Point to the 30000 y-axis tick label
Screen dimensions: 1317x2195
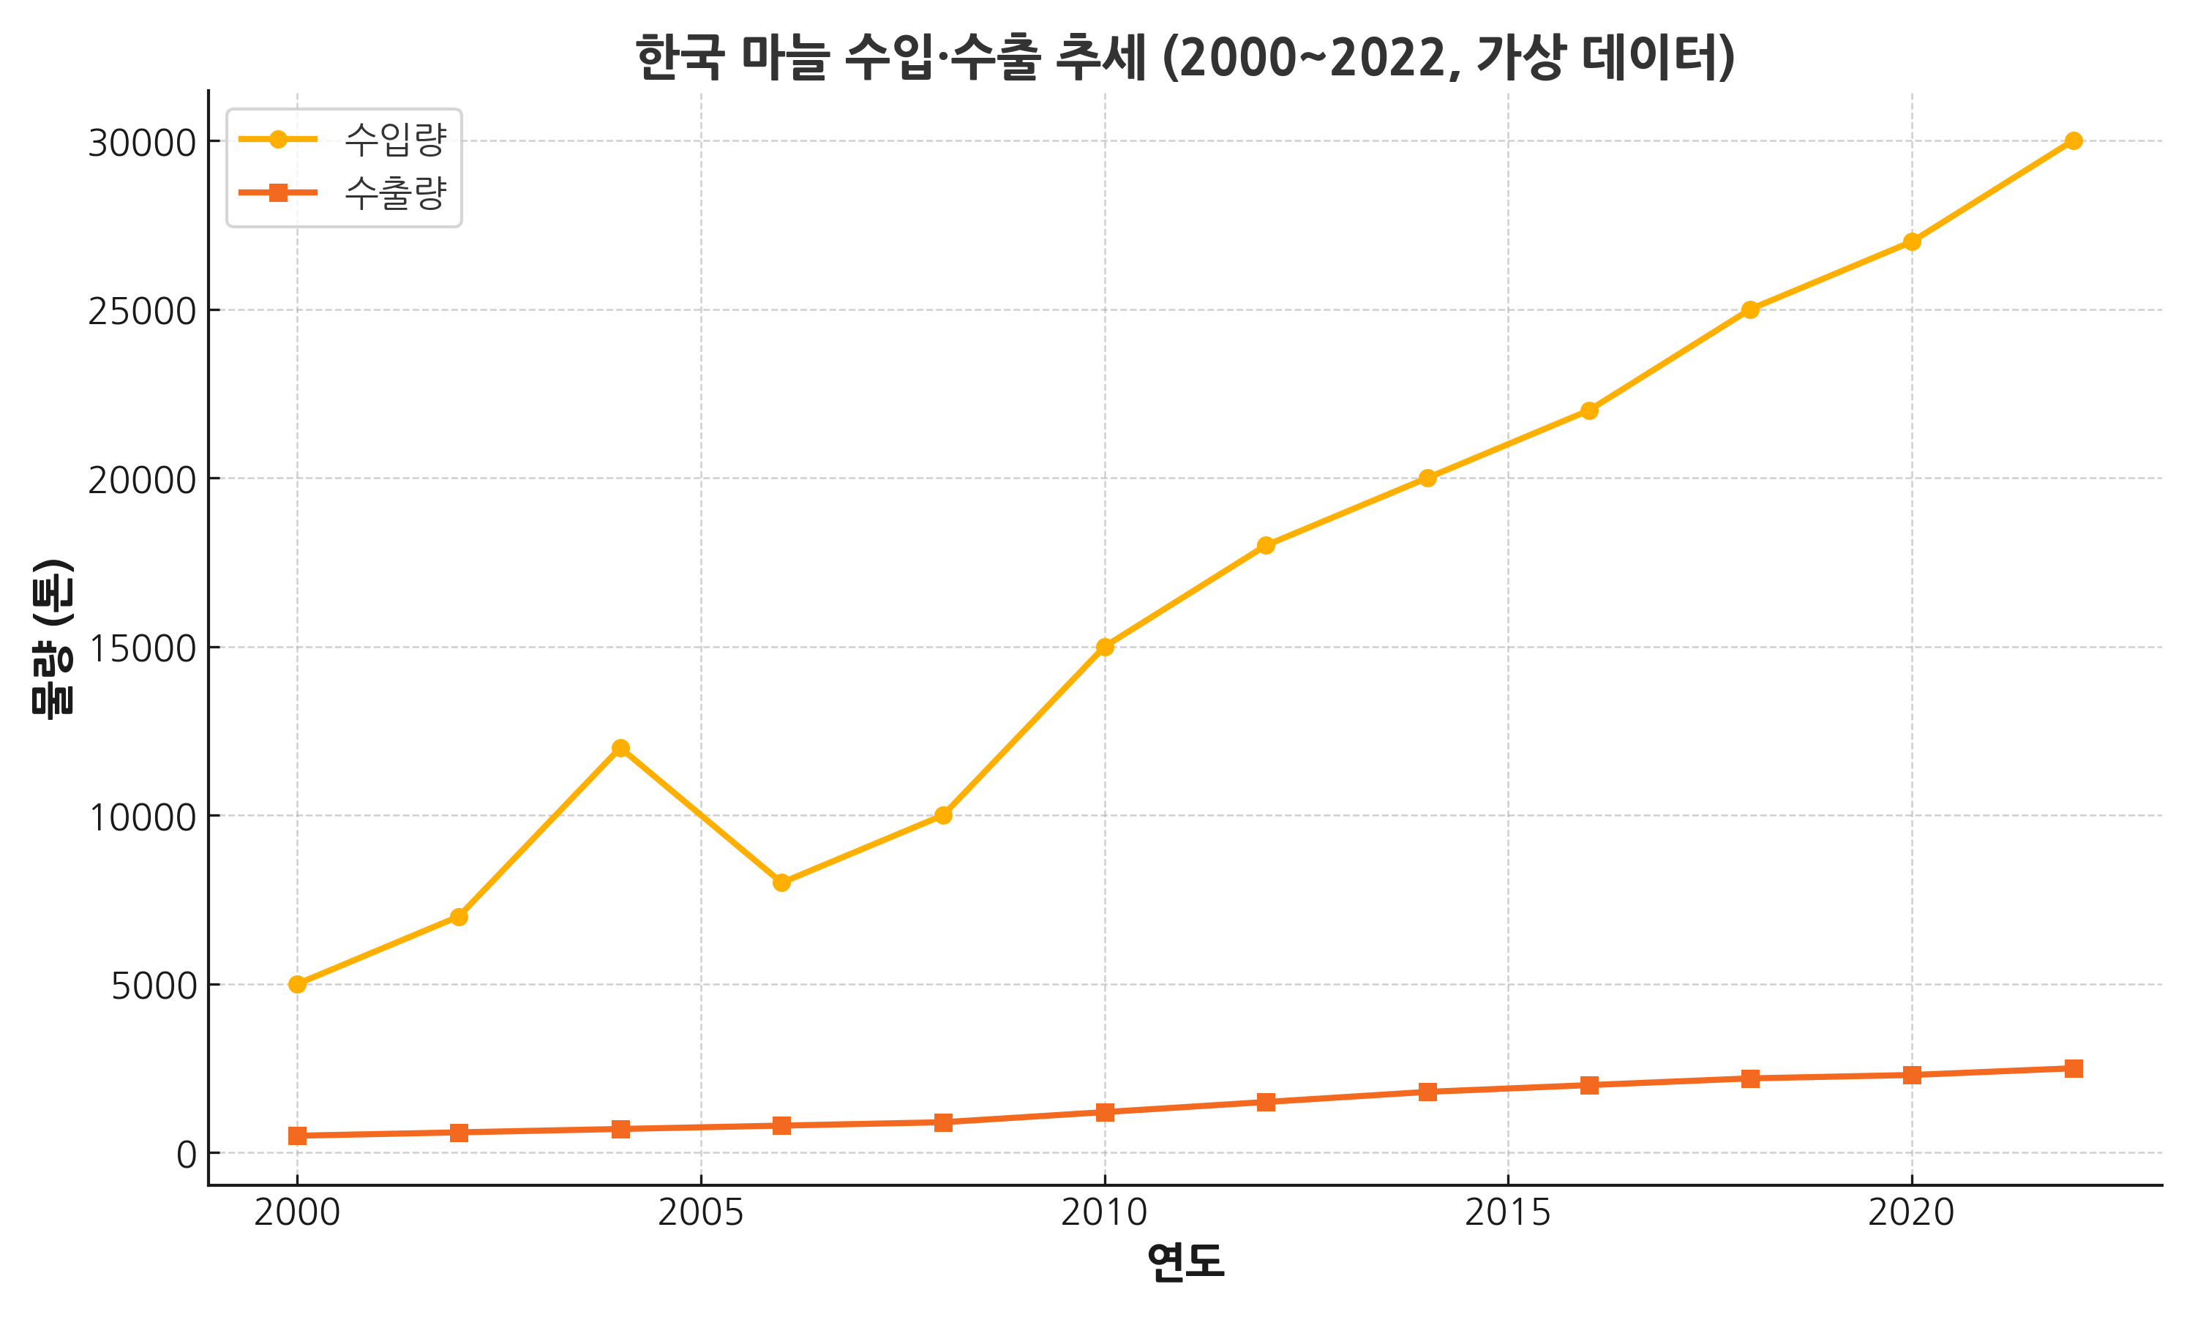coord(141,142)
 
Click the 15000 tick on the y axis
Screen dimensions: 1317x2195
coord(141,648)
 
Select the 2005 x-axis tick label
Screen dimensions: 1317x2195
coord(700,1212)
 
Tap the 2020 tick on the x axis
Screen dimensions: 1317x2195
coord(1911,1212)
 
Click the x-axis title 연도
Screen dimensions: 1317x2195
coord(1185,1262)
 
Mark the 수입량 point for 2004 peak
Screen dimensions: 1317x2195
coord(620,748)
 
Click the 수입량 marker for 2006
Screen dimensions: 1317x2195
coord(781,883)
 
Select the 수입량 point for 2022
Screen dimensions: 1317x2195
coord(2074,140)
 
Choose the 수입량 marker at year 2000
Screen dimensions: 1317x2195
coord(297,984)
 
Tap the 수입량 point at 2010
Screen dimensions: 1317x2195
coord(1105,647)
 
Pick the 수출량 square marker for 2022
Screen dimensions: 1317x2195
coord(2074,1068)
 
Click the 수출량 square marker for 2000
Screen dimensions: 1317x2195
coord(297,1136)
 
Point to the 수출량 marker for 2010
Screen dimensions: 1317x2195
coord(1105,1112)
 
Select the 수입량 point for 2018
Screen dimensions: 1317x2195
coord(1750,309)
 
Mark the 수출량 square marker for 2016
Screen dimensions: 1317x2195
coord(1589,1085)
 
